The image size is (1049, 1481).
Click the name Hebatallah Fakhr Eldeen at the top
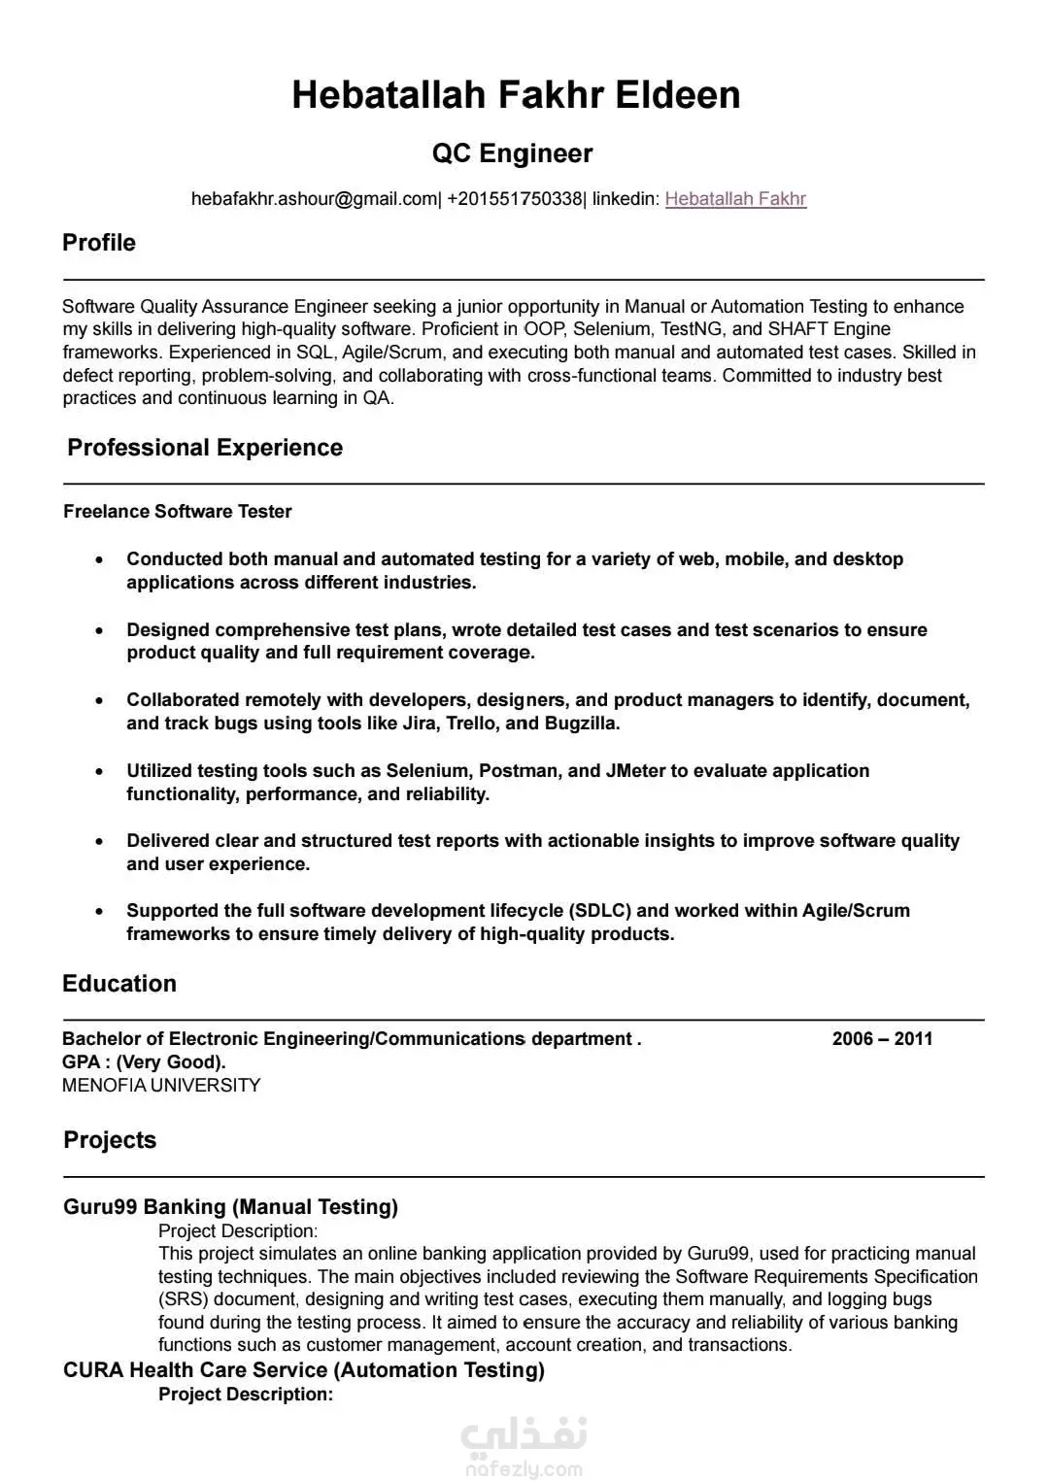pos(516,95)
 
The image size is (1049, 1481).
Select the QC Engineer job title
pos(512,153)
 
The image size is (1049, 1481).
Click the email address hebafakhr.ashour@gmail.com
pos(315,199)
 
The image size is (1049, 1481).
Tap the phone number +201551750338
pos(515,199)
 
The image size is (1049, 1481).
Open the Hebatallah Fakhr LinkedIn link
pos(735,199)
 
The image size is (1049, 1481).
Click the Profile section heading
pos(99,243)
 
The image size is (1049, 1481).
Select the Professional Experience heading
pos(205,448)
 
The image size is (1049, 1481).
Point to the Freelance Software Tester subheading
pos(178,512)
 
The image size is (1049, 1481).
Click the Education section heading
pos(119,984)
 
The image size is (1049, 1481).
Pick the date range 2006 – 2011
pos(882,1039)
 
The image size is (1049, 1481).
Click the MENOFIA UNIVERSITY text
pos(161,1086)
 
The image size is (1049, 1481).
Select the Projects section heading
pos(110,1140)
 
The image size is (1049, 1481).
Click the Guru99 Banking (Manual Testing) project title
pos(231,1207)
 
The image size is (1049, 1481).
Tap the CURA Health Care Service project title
pos(304,1370)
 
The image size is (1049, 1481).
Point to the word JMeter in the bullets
pos(635,771)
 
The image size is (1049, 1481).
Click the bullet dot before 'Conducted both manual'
pos(99,560)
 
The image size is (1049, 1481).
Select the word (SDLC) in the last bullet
pos(600,911)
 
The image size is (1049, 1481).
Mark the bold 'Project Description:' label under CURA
pos(246,1395)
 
